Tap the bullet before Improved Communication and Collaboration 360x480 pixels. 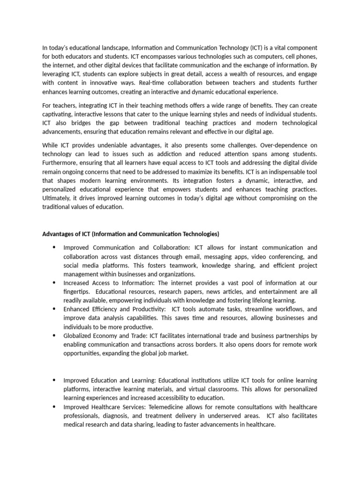[54, 247]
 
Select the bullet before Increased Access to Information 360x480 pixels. [54, 283]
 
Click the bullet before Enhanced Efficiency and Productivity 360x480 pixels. [54, 309]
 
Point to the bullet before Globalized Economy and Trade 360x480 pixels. [54, 336]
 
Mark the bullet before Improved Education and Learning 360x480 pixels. [54, 380]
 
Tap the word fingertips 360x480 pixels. [78, 292]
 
